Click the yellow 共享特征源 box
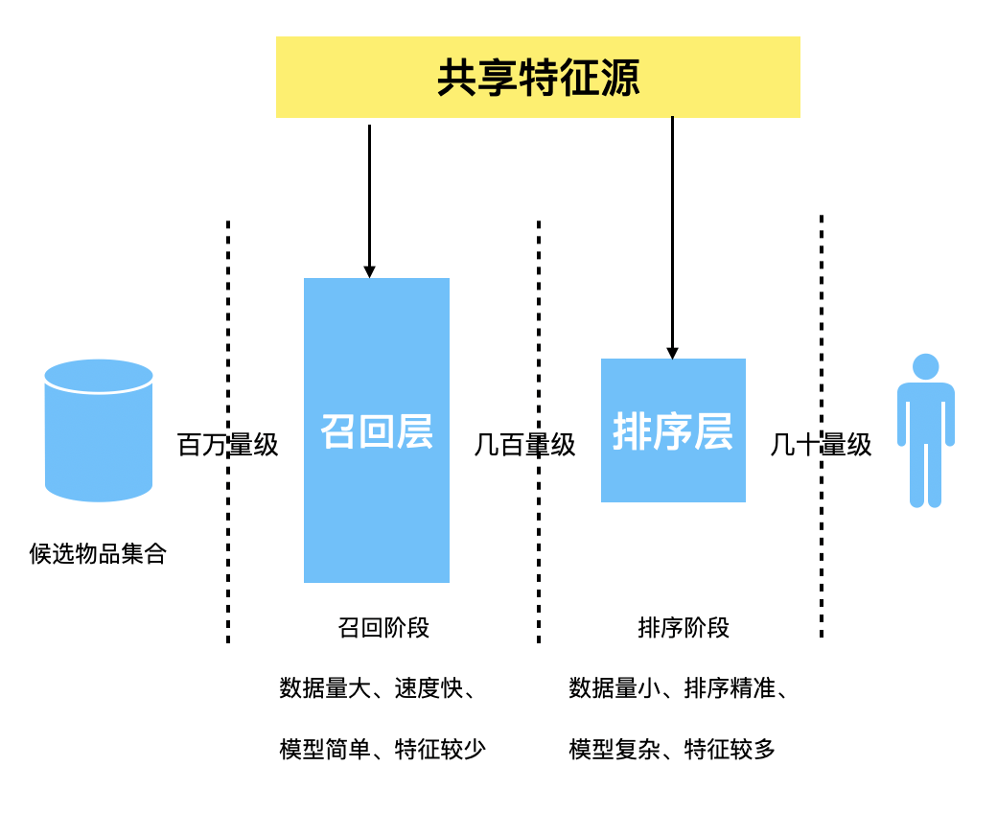538,78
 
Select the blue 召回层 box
377,430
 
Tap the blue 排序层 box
673,430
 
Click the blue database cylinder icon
99,430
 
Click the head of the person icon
926,367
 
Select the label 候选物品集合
98,553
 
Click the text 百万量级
228,445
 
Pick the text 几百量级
524,445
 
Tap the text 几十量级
821,445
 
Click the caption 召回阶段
383,628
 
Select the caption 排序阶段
684,628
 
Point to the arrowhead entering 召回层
369,272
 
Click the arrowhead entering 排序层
672,353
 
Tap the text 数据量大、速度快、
379,688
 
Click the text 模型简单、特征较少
383,749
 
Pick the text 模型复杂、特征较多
672,749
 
